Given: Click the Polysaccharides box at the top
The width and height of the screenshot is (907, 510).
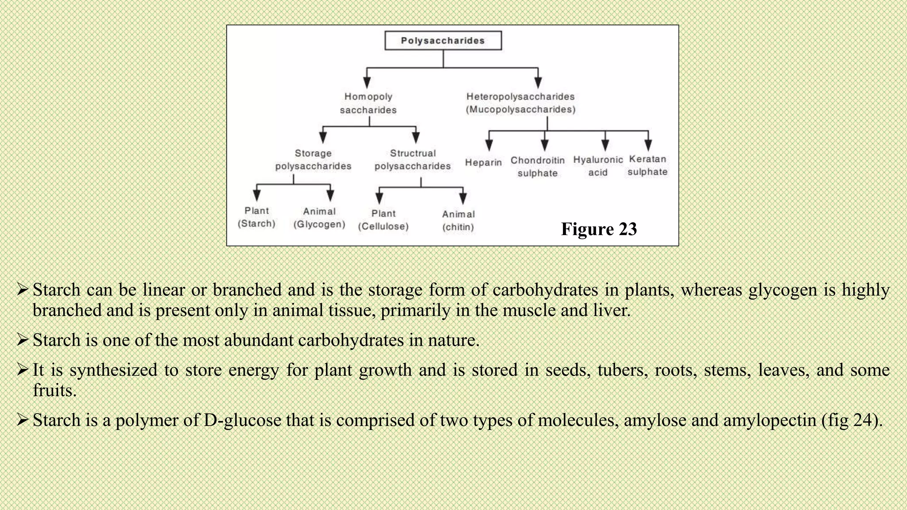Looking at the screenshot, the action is click(443, 41).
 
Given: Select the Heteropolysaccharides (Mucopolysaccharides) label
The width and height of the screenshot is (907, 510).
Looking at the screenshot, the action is click(520, 103).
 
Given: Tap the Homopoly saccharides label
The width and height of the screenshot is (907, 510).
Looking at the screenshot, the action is click(368, 103).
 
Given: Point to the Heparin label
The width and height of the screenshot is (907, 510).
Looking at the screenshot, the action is click(483, 162).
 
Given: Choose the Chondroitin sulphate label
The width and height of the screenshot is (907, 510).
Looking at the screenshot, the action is click(537, 166).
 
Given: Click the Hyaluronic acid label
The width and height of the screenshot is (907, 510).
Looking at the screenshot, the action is click(598, 166).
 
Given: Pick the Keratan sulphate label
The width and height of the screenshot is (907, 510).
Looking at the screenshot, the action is click(647, 165).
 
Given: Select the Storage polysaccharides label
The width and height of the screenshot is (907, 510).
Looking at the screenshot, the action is click(313, 159).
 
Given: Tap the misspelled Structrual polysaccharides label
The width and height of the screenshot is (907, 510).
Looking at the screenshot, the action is click(412, 159).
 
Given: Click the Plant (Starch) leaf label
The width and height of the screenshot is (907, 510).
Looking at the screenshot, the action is click(256, 217).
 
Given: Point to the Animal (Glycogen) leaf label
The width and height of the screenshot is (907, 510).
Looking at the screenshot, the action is click(319, 218).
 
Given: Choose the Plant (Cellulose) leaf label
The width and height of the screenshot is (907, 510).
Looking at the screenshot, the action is click(383, 220).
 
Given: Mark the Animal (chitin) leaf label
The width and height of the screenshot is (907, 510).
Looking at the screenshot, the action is click(458, 220).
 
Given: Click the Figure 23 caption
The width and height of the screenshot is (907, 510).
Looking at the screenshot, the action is click(599, 229).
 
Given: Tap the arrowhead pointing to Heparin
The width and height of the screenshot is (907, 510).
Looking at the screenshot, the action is click(489, 145).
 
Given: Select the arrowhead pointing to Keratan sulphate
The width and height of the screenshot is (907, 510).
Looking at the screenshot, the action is click(648, 145).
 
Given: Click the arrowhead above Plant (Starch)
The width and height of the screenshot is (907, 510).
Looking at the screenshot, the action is click(257, 195).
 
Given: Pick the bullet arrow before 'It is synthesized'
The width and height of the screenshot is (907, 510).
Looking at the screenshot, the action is click(23, 369).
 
